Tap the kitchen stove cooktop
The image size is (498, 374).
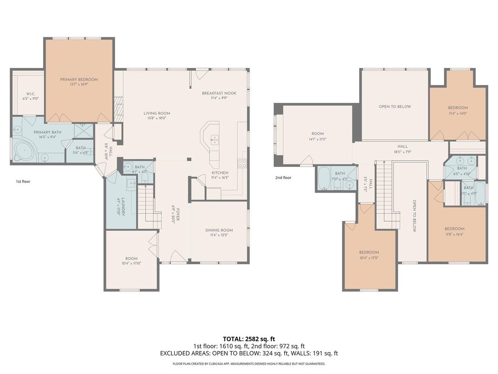coord(242,163)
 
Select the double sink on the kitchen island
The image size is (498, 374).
coord(214,138)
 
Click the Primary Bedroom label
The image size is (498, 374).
coord(79,80)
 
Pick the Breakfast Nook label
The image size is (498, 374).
coord(219,93)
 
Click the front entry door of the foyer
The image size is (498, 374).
coord(177,257)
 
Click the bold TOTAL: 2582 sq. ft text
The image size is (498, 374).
coord(249,339)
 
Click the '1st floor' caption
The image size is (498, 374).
coord(23,181)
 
